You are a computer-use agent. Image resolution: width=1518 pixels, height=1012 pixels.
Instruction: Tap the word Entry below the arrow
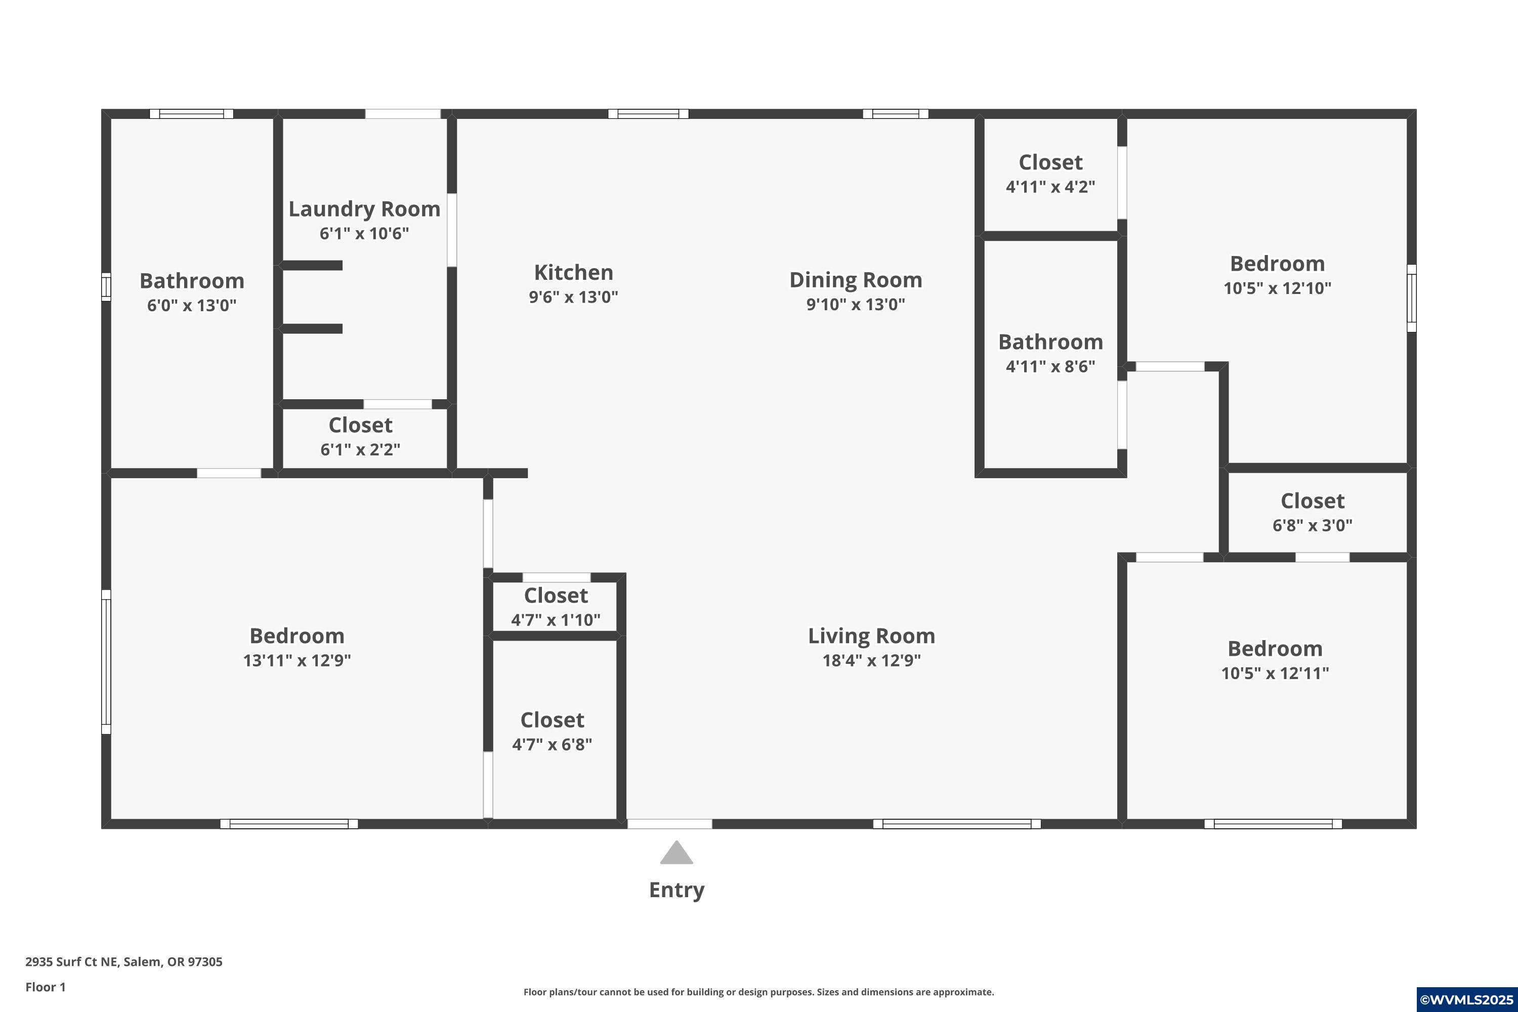point(677,890)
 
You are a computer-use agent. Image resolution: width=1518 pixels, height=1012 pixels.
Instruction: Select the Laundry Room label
point(364,209)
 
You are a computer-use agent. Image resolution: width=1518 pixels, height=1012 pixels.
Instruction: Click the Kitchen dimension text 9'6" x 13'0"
point(573,297)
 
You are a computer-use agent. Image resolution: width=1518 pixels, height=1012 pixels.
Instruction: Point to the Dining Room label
point(855,280)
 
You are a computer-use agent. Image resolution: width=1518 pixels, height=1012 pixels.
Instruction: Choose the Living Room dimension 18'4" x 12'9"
point(871,660)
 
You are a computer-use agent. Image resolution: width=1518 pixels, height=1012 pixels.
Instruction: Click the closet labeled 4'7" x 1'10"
point(556,607)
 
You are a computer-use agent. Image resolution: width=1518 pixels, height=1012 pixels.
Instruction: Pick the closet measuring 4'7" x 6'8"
point(552,732)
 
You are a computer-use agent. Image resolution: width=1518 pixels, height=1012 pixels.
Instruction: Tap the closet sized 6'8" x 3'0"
point(1312,513)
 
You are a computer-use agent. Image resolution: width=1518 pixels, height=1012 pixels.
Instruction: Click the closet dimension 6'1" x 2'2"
point(360,449)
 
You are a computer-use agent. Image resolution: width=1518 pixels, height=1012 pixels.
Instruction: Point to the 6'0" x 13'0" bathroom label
point(192,292)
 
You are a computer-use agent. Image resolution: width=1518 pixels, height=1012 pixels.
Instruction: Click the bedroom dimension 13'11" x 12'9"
point(297,660)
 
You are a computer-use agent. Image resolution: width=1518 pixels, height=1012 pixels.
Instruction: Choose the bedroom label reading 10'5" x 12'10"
point(1277,288)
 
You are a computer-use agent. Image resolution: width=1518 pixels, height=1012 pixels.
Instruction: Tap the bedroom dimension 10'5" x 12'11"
point(1275,673)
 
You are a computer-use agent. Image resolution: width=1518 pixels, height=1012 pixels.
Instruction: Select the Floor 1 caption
point(45,987)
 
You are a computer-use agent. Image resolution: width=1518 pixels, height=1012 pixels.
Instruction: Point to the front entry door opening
point(669,824)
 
